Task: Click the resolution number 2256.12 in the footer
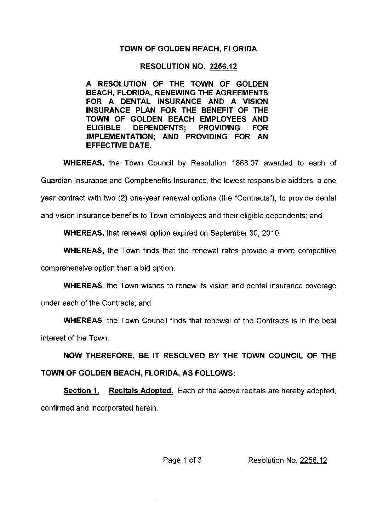313,460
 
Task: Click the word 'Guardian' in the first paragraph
54,181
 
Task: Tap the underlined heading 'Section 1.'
81,391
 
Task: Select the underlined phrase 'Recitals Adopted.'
141,391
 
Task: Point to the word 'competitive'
317,251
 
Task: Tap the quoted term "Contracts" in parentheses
254,198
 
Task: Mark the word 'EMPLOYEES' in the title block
227,119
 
